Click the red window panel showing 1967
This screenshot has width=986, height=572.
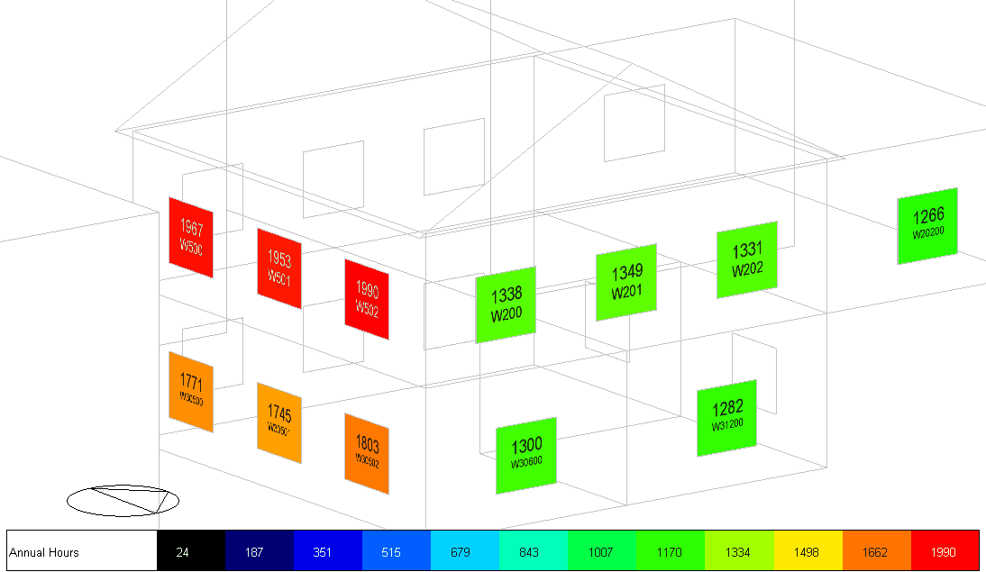[x=191, y=237]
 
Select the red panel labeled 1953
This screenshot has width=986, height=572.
[x=279, y=268]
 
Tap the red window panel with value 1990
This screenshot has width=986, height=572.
[x=367, y=300]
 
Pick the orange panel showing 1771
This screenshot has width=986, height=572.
[x=191, y=392]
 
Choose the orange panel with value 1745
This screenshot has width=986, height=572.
[x=279, y=422]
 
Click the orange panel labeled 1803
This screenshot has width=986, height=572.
[x=367, y=454]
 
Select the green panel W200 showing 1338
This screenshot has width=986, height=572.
[x=506, y=304]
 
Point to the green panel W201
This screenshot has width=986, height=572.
[x=626, y=282]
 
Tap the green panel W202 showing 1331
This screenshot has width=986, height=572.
[x=746, y=259]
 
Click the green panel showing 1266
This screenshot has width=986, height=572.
[x=927, y=226]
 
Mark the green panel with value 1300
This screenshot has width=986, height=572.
[x=526, y=455]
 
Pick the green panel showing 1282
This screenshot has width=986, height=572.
[x=726, y=418]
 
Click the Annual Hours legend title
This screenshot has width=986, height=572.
[x=44, y=552]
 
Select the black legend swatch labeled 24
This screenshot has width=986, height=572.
[x=190, y=550]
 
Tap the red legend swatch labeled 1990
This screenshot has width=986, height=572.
[x=945, y=550]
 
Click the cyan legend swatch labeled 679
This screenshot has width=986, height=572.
[x=464, y=550]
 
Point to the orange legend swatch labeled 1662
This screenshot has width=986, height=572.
[x=877, y=550]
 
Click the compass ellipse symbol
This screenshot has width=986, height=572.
[x=123, y=501]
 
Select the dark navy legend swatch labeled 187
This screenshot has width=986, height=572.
[x=259, y=550]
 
